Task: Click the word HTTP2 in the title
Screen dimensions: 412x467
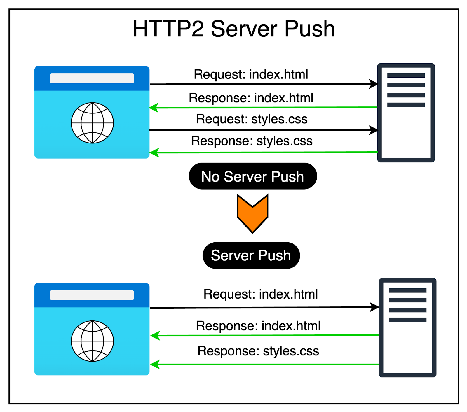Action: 168,29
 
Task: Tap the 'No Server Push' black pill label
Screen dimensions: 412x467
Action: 253,176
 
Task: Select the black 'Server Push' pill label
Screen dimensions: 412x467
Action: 251,255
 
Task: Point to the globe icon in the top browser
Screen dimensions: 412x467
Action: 92,123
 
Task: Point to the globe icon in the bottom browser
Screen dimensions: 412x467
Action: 92,341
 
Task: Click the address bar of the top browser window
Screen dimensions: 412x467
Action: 92,78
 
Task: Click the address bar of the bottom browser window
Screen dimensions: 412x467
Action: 92,295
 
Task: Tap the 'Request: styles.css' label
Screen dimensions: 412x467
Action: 252,119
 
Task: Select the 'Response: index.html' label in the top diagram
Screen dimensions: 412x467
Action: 251,98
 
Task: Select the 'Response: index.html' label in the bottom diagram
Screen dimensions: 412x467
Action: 258,326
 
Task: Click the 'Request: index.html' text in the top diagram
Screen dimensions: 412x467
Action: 251,74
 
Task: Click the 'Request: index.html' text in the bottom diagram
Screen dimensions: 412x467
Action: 260,294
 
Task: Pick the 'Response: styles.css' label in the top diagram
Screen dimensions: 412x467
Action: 252,141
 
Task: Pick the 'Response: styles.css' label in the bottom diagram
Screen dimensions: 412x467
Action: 258,351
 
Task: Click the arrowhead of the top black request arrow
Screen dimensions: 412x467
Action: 374,84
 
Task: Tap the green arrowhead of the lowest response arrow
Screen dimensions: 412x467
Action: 155,364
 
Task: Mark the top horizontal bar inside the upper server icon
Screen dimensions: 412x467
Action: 406,76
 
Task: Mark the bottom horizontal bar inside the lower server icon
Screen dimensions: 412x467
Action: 407,320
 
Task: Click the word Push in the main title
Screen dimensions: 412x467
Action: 310,29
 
